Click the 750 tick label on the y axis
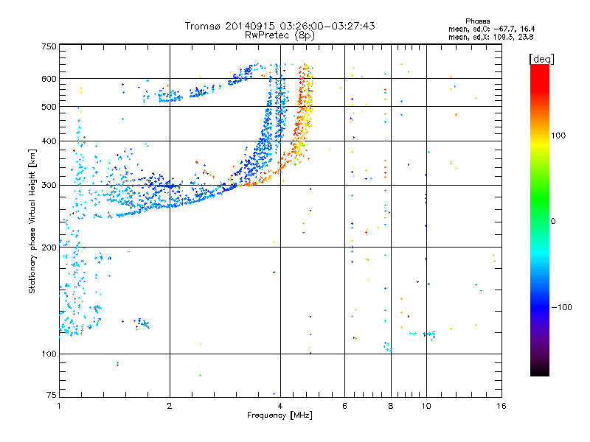pos(48,46)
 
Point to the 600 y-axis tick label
pos(48,79)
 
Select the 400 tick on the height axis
pos(48,141)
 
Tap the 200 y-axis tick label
pos(48,247)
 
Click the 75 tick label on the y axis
pos(50,396)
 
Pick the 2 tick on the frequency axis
pos(170,406)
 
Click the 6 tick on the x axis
pos(345,406)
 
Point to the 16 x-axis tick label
pos(501,406)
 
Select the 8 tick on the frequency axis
pos(391,406)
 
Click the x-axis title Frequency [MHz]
pos(280,416)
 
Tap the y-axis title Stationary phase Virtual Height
pos(32,221)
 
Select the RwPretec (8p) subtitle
pos(280,35)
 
